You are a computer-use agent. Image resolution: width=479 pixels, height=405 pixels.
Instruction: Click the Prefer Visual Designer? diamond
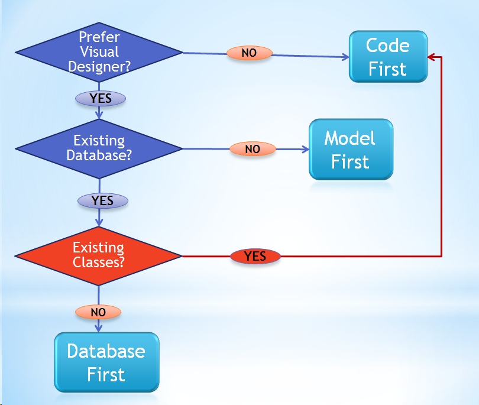[x=99, y=53]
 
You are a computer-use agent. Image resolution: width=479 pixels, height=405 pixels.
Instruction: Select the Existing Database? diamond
[x=99, y=148]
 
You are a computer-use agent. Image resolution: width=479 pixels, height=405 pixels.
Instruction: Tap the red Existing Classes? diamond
[x=99, y=255]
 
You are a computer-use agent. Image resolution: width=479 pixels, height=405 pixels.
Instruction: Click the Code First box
[x=388, y=57]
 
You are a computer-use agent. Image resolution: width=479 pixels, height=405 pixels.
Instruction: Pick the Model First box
[x=351, y=150]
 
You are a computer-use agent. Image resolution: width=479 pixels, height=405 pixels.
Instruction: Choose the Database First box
[x=106, y=362]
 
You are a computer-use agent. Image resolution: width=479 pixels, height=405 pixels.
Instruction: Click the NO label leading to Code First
[x=249, y=53]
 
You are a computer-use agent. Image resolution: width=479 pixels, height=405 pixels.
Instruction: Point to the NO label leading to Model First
[x=253, y=149]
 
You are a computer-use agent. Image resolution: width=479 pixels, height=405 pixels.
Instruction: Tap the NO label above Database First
[x=98, y=312]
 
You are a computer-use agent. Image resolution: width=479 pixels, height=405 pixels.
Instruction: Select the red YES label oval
[x=255, y=257]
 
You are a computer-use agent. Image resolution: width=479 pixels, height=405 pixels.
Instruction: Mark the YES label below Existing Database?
[x=103, y=201]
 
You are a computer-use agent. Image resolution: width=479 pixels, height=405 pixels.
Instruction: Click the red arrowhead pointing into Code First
[x=431, y=57]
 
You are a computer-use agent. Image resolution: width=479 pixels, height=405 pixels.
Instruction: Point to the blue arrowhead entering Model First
[x=305, y=149]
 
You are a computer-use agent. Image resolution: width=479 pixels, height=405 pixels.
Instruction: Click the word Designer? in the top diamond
[x=99, y=66]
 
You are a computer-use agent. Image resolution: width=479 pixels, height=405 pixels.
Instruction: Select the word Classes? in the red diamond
[x=99, y=262]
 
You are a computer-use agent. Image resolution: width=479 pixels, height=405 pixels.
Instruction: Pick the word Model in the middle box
[x=349, y=138]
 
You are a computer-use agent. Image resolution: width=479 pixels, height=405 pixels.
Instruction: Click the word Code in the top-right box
[x=387, y=46]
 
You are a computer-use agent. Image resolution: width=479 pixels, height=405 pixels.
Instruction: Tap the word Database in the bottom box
[x=106, y=351]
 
